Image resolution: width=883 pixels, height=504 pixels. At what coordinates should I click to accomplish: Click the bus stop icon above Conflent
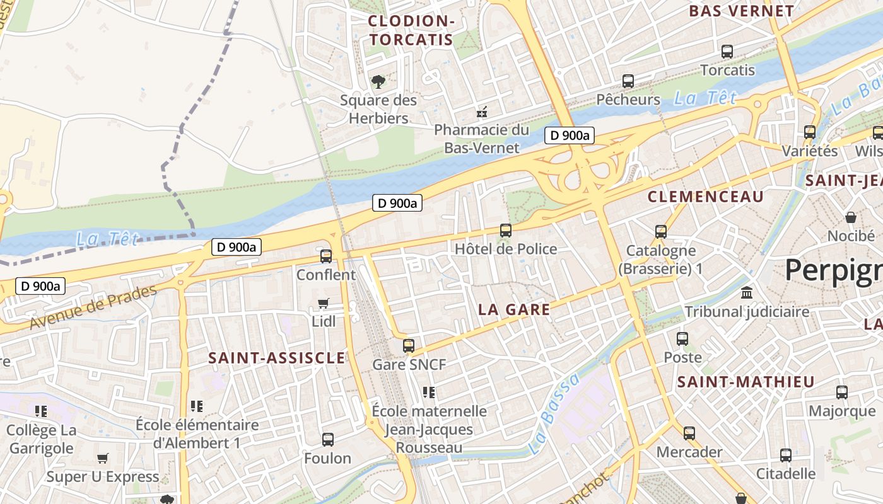[326, 256]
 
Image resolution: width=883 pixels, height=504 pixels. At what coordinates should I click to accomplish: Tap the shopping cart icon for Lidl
[324, 304]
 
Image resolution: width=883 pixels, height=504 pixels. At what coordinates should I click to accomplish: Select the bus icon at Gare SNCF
[409, 345]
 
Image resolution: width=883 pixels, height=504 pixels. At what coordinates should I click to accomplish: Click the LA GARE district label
[514, 309]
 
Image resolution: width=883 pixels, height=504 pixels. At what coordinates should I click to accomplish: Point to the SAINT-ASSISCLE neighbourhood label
[277, 358]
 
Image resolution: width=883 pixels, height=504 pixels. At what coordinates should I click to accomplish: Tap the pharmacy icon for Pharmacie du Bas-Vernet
[482, 113]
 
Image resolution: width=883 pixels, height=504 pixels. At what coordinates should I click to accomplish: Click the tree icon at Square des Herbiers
[378, 81]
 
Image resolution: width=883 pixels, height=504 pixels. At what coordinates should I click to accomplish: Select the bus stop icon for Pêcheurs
[628, 81]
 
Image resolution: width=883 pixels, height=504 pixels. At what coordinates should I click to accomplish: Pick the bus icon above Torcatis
[727, 52]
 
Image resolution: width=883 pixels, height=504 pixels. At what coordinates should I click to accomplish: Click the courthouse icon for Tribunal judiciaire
[747, 293]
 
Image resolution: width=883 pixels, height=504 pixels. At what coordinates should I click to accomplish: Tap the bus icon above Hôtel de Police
[506, 231]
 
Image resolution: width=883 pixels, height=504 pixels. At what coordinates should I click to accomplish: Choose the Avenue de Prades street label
[93, 307]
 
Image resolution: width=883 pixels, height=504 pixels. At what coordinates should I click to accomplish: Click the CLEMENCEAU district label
[706, 197]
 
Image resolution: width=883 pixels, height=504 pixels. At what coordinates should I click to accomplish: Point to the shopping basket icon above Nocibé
[851, 218]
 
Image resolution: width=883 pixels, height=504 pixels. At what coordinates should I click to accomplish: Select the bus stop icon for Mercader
[689, 433]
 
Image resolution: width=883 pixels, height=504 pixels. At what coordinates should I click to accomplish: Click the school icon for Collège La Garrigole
[42, 411]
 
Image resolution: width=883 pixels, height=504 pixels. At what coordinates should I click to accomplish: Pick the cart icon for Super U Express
[102, 458]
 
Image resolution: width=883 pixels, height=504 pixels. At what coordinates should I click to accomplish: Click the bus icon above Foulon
[328, 440]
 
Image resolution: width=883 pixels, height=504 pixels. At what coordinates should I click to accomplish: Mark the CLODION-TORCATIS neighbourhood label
[411, 30]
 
